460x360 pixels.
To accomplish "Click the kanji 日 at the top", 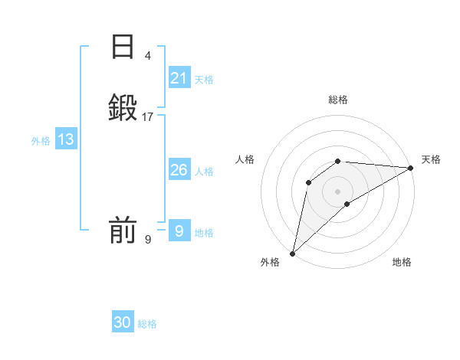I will pyautogui.click(x=123, y=47).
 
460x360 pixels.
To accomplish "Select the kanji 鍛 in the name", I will pyautogui.click(x=123, y=108).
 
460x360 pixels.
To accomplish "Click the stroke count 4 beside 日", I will pyautogui.click(x=148, y=56).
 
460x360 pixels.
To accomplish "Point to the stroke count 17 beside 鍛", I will pyautogui.click(x=148, y=117).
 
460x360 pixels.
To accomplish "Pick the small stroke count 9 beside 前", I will pyautogui.click(x=148, y=240).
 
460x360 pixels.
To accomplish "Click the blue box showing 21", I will pyautogui.click(x=179, y=78).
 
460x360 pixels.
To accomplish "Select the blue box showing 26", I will pyautogui.click(x=179, y=170).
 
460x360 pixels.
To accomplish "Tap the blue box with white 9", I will pyautogui.click(x=179, y=231).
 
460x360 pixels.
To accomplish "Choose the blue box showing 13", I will pyautogui.click(x=66, y=139).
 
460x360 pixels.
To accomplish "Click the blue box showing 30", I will pyautogui.click(x=123, y=322).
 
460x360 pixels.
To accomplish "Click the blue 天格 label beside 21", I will pyautogui.click(x=204, y=80).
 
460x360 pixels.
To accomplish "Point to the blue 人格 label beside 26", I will pyautogui.click(x=204, y=172).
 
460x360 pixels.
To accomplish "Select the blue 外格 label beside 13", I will pyautogui.click(x=41, y=141).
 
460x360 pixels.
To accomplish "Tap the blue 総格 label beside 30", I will pyautogui.click(x=147, y=324).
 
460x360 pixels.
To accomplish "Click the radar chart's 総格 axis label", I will pyautogui.click(x=338, y=100).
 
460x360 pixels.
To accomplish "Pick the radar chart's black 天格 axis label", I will pyautogui.click(x=431, y=159).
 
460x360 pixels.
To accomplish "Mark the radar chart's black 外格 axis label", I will pyautogui.click(x=270, y=262).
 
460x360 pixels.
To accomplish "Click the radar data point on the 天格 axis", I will pyautogui.click(x=411, y=168).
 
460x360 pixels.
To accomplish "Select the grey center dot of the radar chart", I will pyautogui.click(x=338, y=191).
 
